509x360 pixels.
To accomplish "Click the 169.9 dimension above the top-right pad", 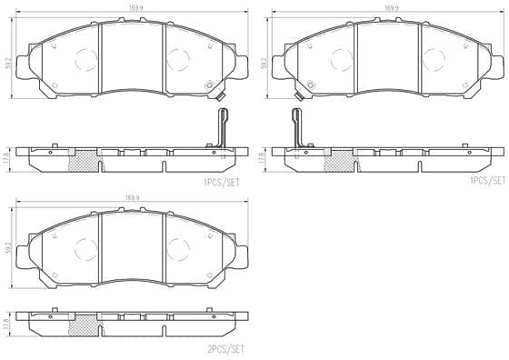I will point(392,7).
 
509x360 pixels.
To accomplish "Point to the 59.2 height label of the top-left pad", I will point(7,65).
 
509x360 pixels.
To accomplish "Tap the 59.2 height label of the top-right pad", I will point(264,65).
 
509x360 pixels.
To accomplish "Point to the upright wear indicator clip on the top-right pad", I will point(295,127).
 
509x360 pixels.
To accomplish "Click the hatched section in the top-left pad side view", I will point(85,159).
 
